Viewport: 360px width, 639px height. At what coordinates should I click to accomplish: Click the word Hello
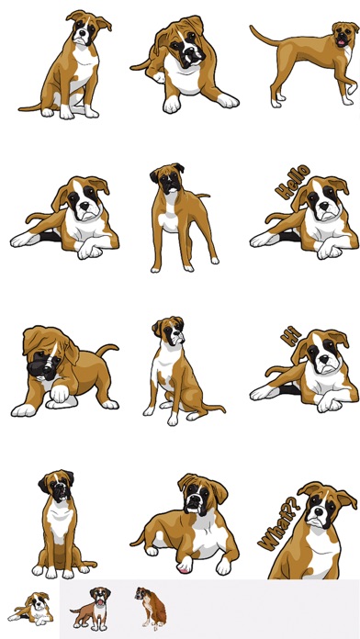click(292, 182)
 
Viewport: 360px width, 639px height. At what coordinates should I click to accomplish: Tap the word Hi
click(291, 336)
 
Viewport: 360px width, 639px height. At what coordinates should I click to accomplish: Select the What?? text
click(279, 522)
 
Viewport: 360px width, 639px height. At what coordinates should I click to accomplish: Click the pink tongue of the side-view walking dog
click(341, 41)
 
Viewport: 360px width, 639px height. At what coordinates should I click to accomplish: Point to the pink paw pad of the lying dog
click(184, 569)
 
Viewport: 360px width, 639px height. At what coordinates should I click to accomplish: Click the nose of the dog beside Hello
click(323, 206)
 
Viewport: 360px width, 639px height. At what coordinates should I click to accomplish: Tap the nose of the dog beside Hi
click(323, 360)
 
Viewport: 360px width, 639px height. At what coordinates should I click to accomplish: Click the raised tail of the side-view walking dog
click(265, 36)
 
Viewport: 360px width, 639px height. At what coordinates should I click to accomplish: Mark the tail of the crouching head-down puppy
click(107, 349)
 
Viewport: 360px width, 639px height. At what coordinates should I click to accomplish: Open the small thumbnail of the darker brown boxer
click(151, 608)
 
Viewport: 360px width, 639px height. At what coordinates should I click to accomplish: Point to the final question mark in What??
click(295, 502)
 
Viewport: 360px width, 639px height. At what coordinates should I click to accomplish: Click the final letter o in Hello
click(303, 172)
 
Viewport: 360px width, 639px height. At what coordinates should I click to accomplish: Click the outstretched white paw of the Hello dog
click(262, 241)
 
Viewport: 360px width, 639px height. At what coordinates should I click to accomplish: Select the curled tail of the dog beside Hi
click(278, 370)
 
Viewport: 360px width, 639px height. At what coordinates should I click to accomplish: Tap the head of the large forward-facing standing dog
click(168, 178)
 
